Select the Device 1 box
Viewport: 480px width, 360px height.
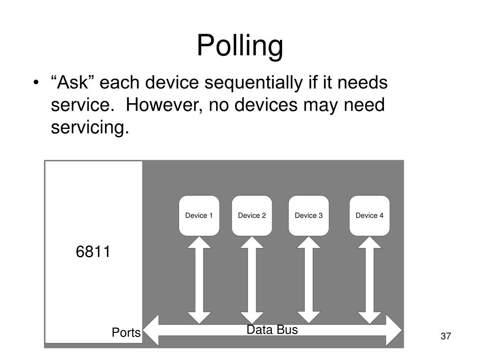tap(199, 216)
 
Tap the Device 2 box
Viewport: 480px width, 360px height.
tap(252, 216)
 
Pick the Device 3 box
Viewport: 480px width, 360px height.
tap(308, 216)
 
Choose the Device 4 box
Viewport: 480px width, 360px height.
tap(369, 216)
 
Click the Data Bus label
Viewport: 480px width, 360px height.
tap(272, 330)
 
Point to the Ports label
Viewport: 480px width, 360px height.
tap(126, 333)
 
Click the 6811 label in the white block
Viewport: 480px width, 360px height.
tap(93, 252)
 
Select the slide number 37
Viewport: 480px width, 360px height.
tap(445, 336)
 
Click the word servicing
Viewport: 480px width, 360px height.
tap(90, 127)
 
